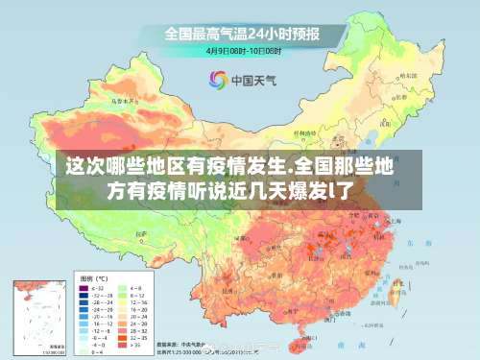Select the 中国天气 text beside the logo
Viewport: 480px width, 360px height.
255,80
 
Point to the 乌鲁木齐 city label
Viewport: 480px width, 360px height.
122,99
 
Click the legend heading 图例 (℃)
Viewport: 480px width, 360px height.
92,276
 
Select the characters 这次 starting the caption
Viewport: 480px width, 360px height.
83,165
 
